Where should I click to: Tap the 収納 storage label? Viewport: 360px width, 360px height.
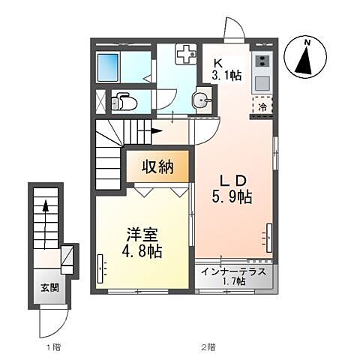[x=159, y=167]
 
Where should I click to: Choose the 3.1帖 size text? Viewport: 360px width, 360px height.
[x=225, y=75]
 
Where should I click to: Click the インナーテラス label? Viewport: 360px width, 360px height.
[x=233, y=271]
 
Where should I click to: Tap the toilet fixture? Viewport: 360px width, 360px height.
[x=122, y=103]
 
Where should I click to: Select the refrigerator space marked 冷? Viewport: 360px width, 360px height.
[x=262, y=106]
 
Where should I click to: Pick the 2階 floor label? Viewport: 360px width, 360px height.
[x=207, y=346]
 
